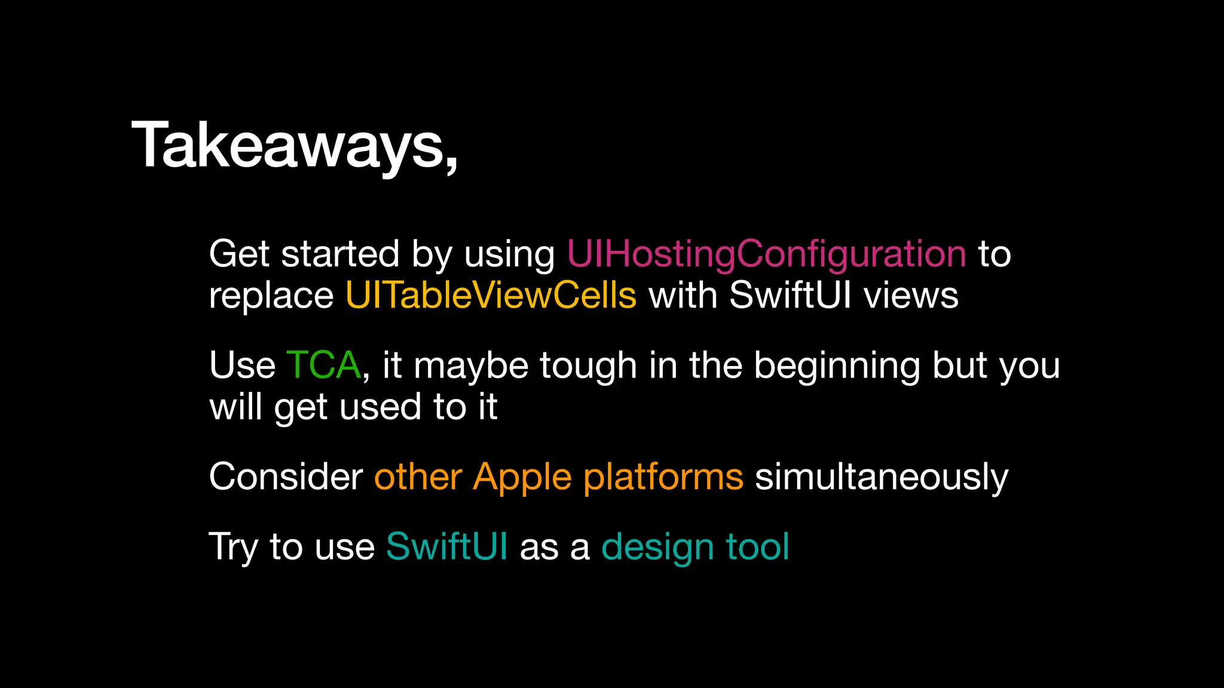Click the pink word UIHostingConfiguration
coord(766,254)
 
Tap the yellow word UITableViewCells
coord(491,295)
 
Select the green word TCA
coord(323,365)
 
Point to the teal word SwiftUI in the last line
coord(446,546)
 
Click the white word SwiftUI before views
coord(790,295)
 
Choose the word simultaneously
coord(882,477)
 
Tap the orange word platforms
coord(663,477)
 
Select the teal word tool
coord(757,546)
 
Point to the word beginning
coord(837,365)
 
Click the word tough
coord(588,365)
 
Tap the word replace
coord(271,296)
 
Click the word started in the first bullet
coord(340,254)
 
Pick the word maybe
coord(471,365)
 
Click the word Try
coord(233,547)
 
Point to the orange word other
coord(418,477)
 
